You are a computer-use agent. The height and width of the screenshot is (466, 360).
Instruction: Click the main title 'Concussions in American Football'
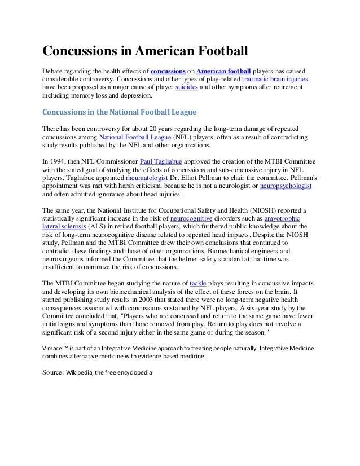(146, 52)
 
